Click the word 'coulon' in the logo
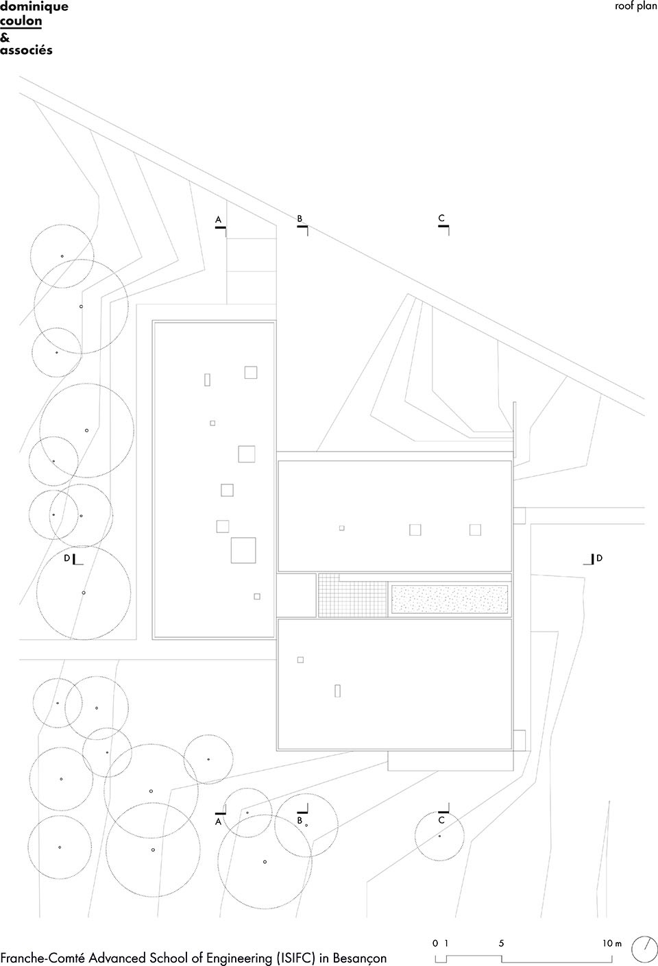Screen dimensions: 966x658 [21, 21]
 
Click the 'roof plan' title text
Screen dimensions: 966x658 [636, 6]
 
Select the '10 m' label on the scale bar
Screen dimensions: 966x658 [612, 943]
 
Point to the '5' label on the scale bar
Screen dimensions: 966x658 [501, 943]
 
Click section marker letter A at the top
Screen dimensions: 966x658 [219, 220]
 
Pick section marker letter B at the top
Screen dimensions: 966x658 [300, 219]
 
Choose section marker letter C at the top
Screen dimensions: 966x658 [441, 219]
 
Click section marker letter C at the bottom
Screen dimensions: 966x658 [441, 820]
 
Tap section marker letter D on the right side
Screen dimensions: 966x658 [599, 558]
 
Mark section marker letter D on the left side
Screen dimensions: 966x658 [66, 558]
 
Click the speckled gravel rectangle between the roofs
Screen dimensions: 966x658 [449, 599]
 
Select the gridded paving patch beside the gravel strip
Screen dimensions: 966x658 [352, 595]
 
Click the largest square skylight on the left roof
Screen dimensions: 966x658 [243, 550]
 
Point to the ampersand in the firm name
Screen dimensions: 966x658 [5, 36]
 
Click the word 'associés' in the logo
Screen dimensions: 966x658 [26, 50]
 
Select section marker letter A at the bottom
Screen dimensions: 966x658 [219, 821]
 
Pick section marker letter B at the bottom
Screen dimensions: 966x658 [300, 820]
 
